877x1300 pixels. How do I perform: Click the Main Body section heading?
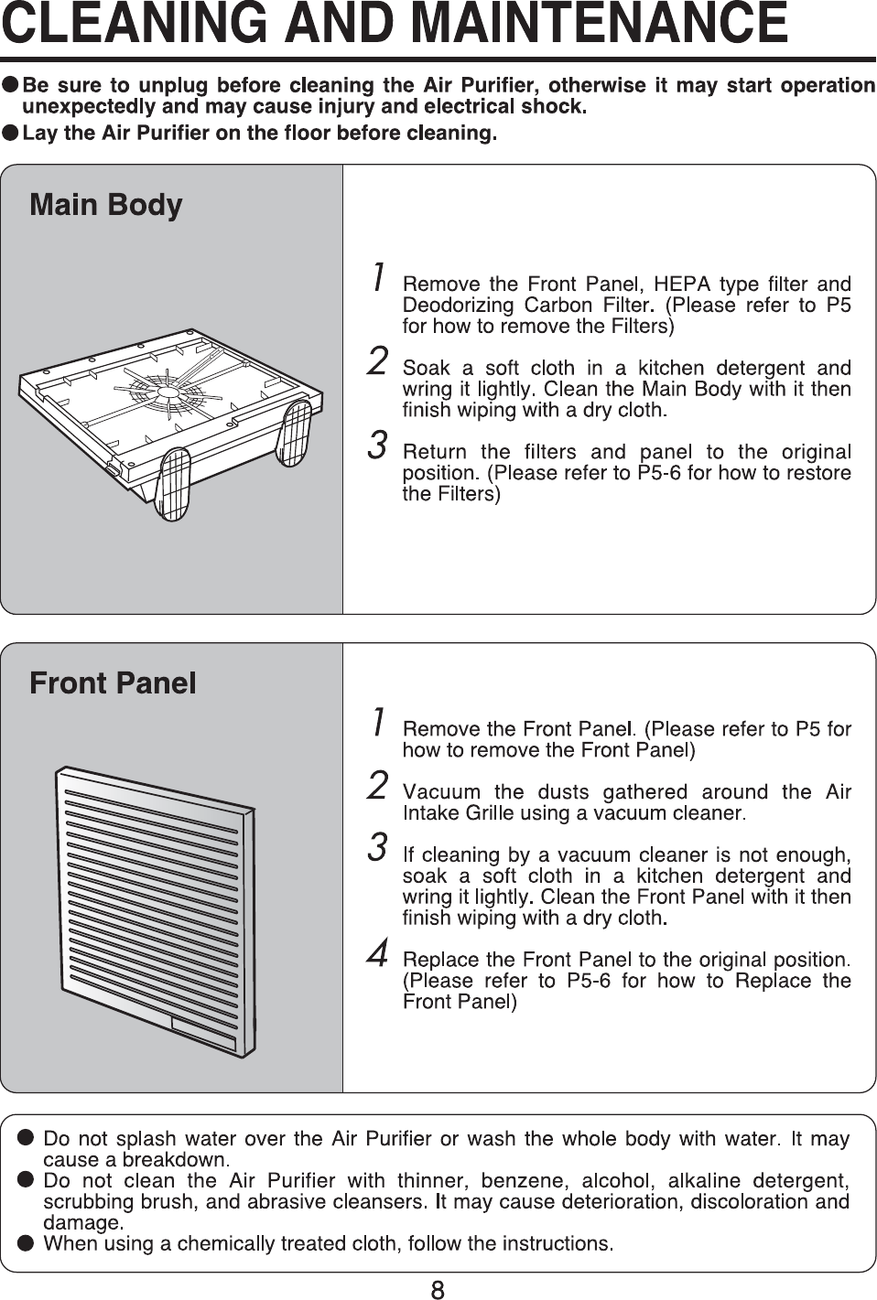coord(106,204)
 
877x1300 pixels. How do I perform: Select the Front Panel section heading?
coord(113,682)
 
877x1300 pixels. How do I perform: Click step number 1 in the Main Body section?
coord(376,277)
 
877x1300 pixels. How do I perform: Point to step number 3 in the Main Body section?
coord(376,446)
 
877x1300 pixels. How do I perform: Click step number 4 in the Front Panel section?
coord(376,953)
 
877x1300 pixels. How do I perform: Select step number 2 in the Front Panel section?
coord(376,786)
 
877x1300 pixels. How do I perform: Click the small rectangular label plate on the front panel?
coord(203,1033)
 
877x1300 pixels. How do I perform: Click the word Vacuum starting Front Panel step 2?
coord(441,792)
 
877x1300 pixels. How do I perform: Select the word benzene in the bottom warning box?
coord(513,1180)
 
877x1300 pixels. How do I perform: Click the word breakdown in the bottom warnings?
coord(174,1160)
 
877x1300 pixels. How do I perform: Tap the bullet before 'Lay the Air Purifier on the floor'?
coord(10,134)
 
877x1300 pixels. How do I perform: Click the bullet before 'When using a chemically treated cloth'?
coord(27,1243)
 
